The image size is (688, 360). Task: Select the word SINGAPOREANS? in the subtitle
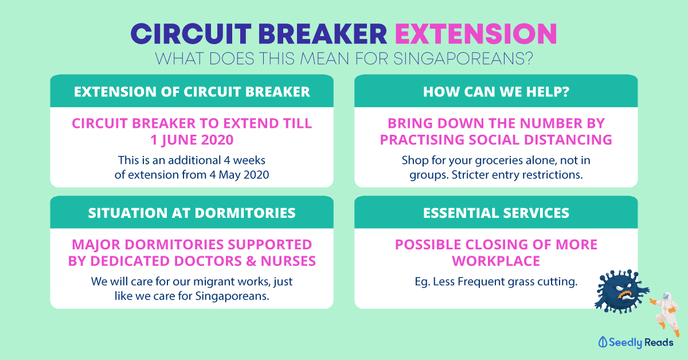[463, 58]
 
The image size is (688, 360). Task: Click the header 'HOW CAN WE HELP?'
[496, 92]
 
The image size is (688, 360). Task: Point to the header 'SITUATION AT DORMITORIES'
[191, 213]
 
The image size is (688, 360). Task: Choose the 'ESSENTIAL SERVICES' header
[496, 213]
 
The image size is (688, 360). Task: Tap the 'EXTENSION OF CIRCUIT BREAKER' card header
[191, 92]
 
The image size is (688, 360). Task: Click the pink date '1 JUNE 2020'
[191, 140]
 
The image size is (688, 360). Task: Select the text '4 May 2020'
[239, 174]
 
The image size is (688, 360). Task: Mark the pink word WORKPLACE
[496, 261]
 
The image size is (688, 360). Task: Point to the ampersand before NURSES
[251, 261]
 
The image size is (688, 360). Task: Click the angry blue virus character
[621, 291]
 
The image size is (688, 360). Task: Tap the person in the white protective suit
[665, 314]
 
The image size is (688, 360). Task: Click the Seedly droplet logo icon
[603, 342]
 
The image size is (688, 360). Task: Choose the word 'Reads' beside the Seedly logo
[659, 342]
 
